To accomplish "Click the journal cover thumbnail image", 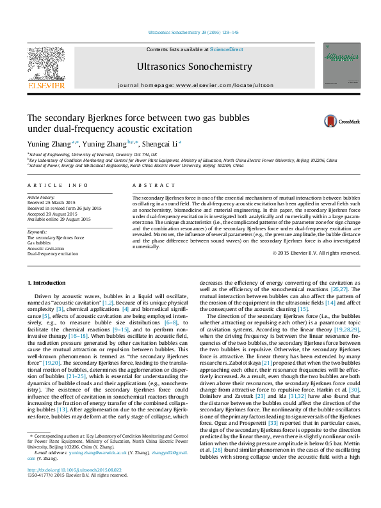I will click(x=341, y=65).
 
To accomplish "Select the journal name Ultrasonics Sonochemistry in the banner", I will click(x=186, y=66).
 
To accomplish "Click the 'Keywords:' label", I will click(x=38, y=232).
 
